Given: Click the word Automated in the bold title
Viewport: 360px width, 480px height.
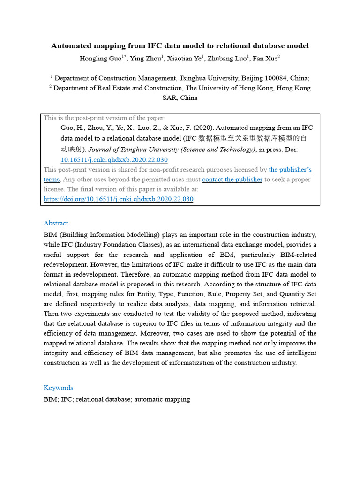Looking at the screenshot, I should click(73, 46).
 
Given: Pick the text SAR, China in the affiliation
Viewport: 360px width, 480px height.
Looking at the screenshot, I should click(180, 98).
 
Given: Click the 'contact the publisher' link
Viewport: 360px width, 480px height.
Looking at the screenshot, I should click(232, 180).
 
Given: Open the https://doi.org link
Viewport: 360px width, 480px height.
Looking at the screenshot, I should click(118, 199).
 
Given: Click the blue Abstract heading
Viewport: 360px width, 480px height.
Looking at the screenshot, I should click(56, 223).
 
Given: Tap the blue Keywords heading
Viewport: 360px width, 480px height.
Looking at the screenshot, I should click(58, 388).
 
